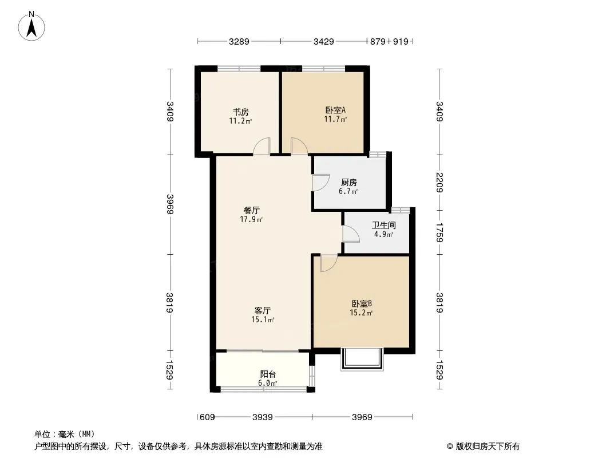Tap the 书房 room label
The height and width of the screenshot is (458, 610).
[240, 112]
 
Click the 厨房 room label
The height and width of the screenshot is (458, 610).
[348, 182]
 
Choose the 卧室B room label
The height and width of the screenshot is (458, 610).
[362, 304]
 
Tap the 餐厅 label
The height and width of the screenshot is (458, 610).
[251, 211]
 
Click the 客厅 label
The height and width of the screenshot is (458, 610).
[263, 310]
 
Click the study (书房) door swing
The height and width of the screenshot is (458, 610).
[262, 147]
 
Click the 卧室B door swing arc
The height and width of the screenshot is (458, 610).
[329, 263]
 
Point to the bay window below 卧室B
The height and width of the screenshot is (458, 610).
[361, 359]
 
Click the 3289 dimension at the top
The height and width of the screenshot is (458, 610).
[239, 41]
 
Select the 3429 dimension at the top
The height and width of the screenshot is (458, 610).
[323, 41]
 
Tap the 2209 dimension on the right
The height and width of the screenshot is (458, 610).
[439, 182]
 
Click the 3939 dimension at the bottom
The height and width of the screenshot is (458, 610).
[263, 417]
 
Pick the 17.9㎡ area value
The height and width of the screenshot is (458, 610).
[251, 219]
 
